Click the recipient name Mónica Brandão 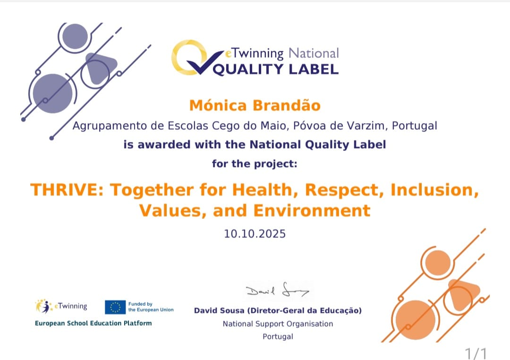[255, 105]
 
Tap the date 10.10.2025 [255, 234]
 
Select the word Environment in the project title [312, 210]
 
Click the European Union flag [115, 307]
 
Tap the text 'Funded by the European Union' [151, 307]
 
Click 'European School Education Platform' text [93, 323]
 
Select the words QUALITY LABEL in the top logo [275, 69]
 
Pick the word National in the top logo [314, 53]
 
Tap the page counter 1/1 [476, 353]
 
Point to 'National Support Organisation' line [278, 324]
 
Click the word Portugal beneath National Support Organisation [278, 336]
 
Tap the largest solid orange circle [416, 320]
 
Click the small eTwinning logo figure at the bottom [43, 306]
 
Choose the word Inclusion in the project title [434, 190]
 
